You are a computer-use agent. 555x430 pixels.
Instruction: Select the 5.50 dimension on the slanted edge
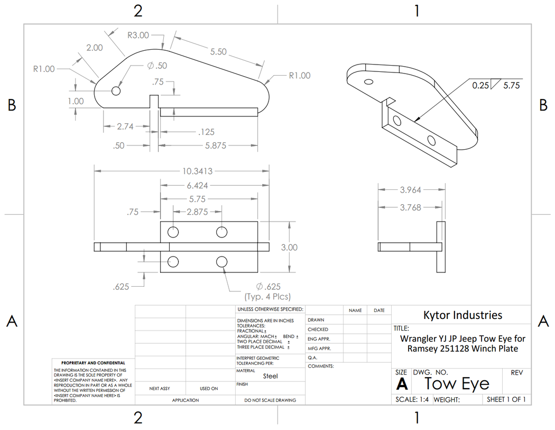tap(218, 52)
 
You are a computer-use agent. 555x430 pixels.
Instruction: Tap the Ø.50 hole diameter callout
tap(158, 66)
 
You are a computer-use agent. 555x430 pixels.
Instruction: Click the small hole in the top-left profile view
tap(116, 91)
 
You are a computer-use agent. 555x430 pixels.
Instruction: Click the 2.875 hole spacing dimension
tap(197, 212)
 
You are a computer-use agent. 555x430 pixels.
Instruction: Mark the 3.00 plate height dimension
tap(289, 247)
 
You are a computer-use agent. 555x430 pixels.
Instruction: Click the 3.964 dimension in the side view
tap(411, 190)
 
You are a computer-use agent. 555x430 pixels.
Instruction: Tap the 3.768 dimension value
tap(411, 207)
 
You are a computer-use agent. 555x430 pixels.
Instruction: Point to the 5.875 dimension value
tap(216, 145)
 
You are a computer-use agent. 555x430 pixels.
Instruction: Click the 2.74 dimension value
tap(126, 126)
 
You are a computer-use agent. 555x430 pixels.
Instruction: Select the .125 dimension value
tap(205, 132)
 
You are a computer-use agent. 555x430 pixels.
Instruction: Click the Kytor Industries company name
tap(462, 315)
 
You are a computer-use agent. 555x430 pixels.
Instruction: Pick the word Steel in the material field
tap(270, 376)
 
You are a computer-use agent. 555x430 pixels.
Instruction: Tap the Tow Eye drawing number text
tap(457, 383)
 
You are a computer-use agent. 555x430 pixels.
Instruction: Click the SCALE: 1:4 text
tap(413, 400)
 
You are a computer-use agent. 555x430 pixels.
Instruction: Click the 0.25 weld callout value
tap(480, 84)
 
